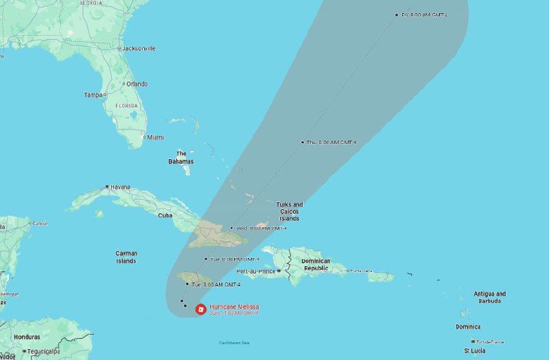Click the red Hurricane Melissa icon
coord(200,309)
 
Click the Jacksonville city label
coord(138,49)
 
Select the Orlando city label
coord(137,84)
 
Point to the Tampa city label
coord(93,95)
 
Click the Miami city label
coord(155,137)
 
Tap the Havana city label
coord(121,187)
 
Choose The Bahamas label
coord(181,158)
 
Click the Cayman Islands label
coord(126,257)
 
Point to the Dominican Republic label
coord(316,265)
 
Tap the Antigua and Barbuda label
coord(490,297)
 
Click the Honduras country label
coord(27,337)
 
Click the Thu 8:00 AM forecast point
coord(302,142)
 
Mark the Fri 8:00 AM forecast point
coord(397,14)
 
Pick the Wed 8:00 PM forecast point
coord(232,228)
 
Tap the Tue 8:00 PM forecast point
coord(205,259)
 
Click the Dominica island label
coord(468,326)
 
